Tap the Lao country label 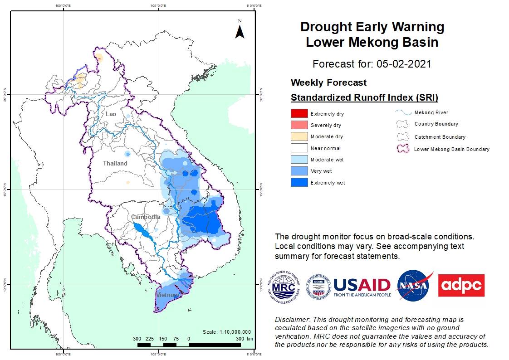(111, 114)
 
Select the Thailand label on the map (115, 163)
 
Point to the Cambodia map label (146, 217)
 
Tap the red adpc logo (461, 285)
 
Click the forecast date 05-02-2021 (404, 63)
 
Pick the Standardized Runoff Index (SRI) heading (364, 97)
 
